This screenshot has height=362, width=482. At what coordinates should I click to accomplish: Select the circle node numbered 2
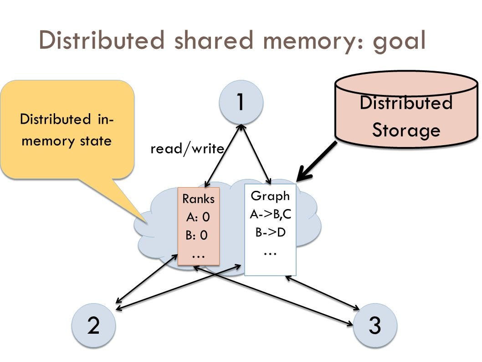93,325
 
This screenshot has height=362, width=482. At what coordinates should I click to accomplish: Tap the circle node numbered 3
374,325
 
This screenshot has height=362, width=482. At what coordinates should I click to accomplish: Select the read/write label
187,148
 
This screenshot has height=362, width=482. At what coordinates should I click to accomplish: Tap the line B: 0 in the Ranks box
196,236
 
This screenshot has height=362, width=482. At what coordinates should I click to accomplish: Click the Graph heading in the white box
270,196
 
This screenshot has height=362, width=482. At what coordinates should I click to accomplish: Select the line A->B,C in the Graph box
270,214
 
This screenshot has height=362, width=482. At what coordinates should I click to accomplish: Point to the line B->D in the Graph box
270,232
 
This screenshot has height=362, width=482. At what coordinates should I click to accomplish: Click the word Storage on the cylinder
406,130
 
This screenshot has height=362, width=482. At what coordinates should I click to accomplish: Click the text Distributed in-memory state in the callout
67,130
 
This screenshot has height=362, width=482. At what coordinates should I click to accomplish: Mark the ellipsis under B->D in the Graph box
270,251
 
